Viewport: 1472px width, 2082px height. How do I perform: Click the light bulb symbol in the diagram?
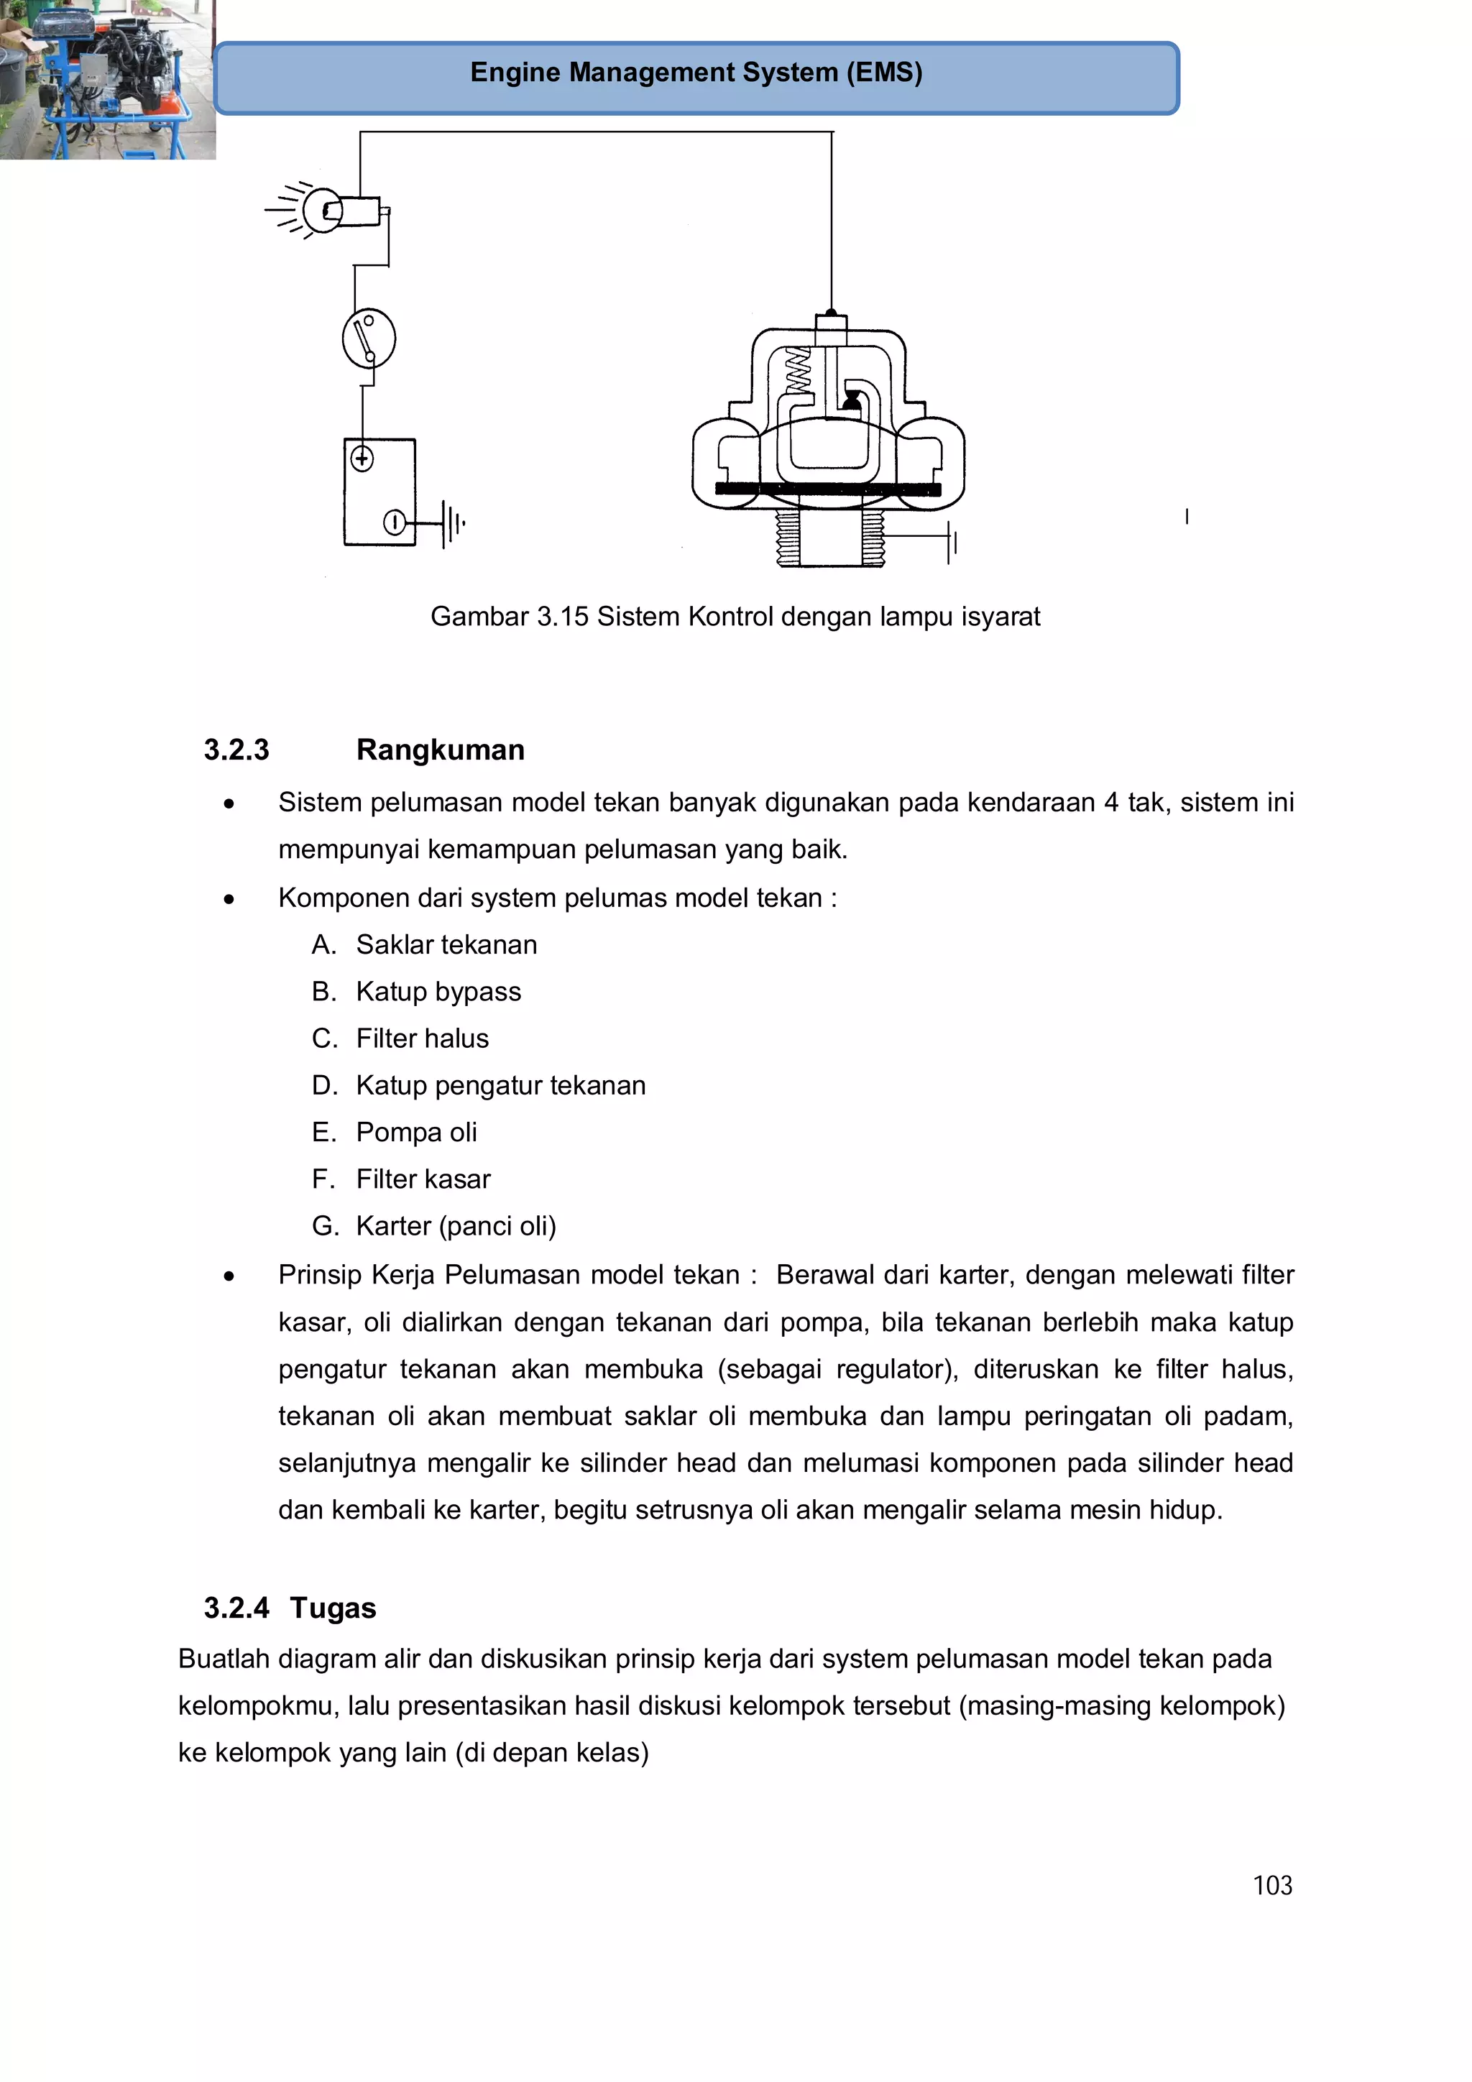click(x=322, y=211)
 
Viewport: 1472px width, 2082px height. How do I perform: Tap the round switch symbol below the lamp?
click(x=368, y=338)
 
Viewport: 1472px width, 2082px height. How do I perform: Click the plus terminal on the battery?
click(x=362, y=459)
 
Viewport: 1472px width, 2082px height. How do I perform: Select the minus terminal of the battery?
click(x=395, y=523)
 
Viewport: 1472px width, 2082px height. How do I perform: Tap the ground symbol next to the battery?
click(x=451, y=524)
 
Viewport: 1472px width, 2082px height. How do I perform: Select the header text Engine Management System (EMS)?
click(x=696, y=73)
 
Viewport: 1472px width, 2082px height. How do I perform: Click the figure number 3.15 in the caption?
click(x=562, y=617)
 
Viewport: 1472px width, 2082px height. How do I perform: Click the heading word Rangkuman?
click(x=440, y=750)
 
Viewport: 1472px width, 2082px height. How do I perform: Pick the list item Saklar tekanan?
click(x=446, y=945)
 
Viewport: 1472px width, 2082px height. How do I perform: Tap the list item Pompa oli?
click(x=416, y=1133)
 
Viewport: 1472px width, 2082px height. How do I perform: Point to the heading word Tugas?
click(x=333, y=1608)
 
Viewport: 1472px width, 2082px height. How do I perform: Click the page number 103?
click(x=1271, y=1886)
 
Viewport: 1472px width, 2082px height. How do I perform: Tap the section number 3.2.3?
click(x=236, y=750)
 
